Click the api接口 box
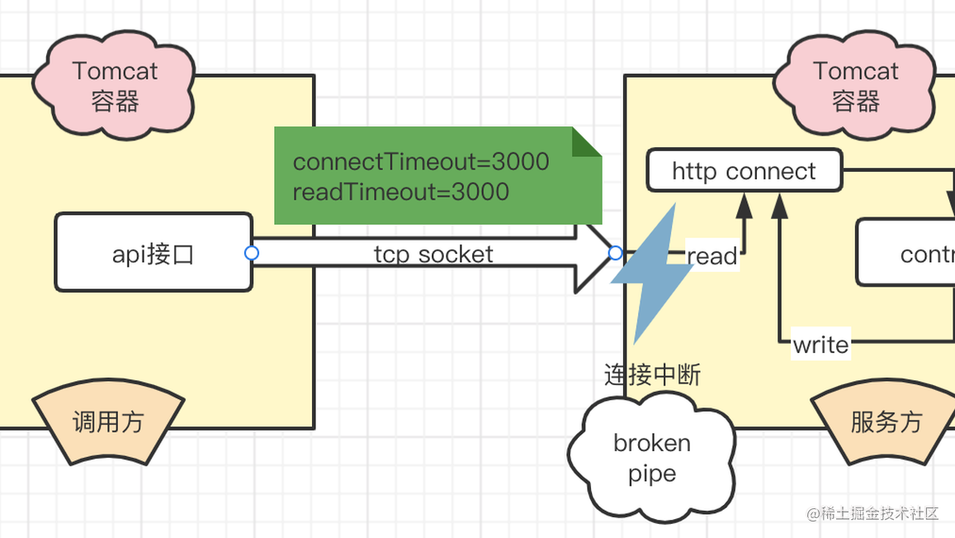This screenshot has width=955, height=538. (154, 253)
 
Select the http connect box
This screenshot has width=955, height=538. (744, 171)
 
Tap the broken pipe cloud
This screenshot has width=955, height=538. (651, 458)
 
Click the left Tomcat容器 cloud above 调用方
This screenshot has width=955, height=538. (115, 86)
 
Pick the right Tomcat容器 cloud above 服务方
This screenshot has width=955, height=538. (855, 86)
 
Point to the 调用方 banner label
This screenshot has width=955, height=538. (108, 422)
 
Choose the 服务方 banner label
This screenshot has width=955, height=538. (886, 422)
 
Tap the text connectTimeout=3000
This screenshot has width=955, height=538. (421, 161)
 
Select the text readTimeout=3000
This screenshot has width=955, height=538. (400, 192)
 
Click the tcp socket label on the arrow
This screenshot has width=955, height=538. (433, 254)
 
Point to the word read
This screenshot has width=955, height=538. (712, 256)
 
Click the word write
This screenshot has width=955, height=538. (820, 344)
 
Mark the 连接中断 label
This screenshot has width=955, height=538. (652, 375)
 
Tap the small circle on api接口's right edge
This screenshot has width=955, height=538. (252, 253)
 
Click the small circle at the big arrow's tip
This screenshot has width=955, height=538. (615, 253)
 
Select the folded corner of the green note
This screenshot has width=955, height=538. (585, 142)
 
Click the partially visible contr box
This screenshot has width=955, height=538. (908, 253)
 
